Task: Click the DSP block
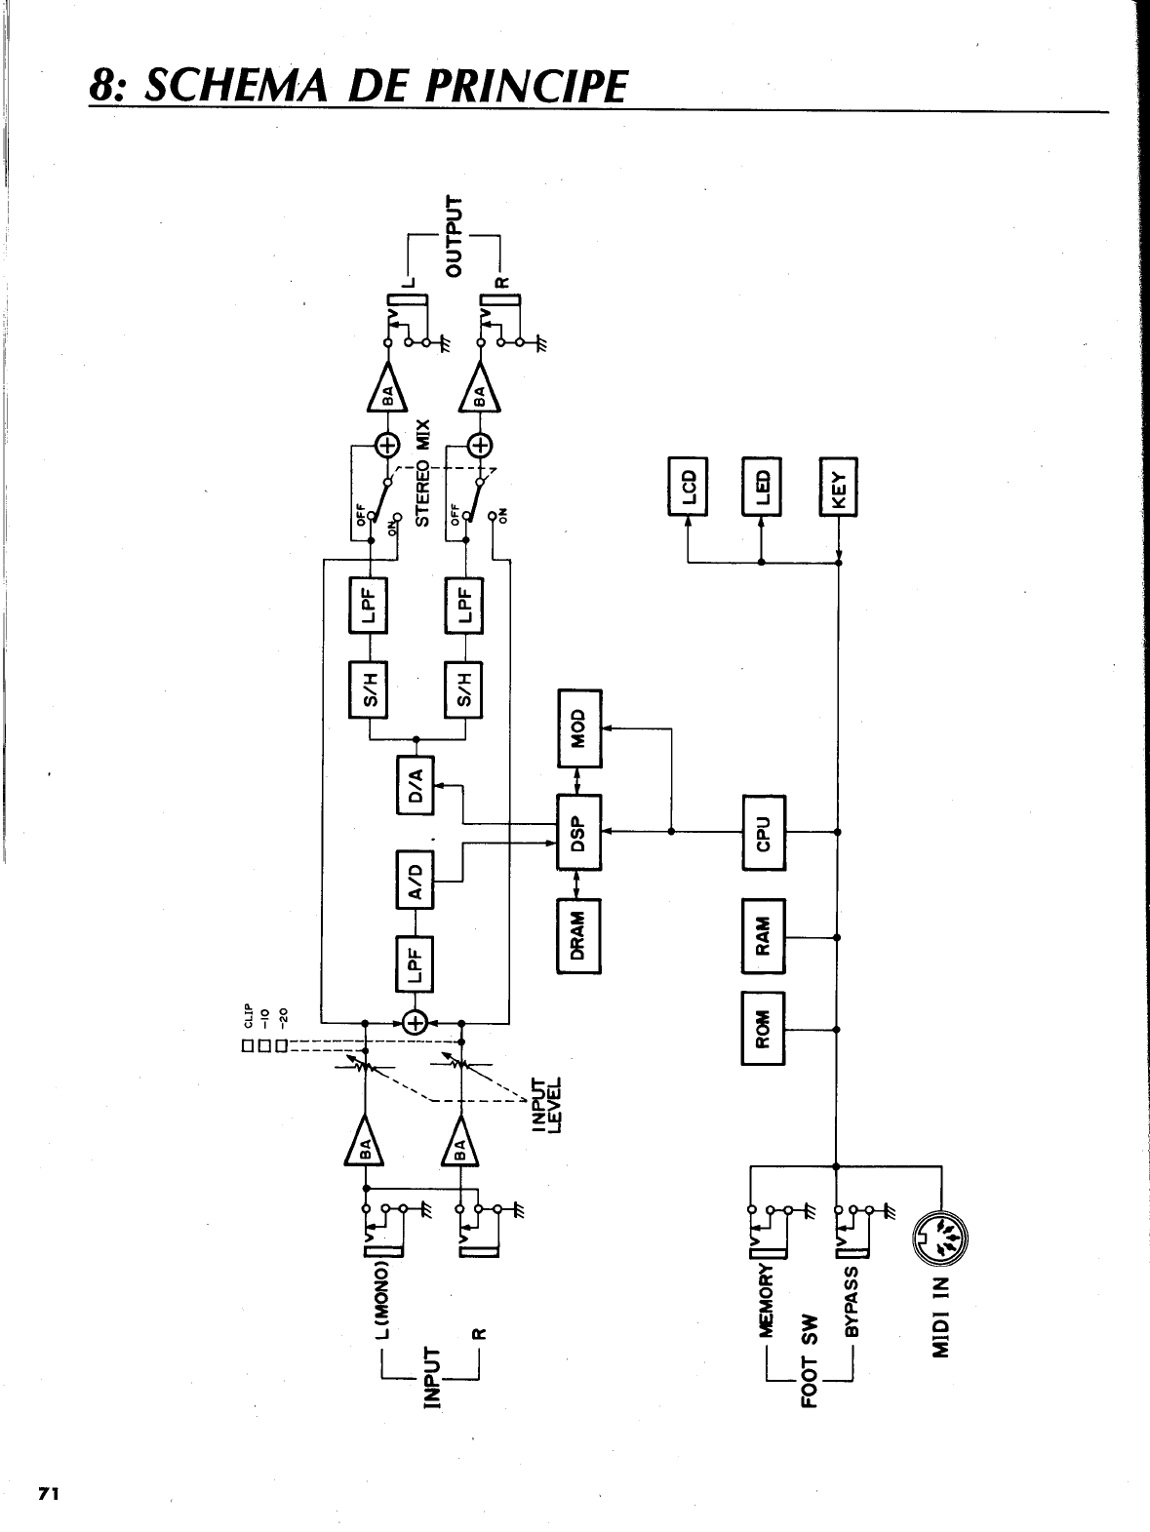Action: (x=578, y=832)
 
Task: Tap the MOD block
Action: (x=579, y=727)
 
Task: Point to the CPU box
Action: (x=764, y=832)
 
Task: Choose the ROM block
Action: (x=764, y=1029)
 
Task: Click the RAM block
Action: (x=764, y=934)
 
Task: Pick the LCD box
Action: (x=689, y=486)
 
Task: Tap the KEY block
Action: (x=839, y=486)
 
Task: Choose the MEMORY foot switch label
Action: (x=766, y=1298)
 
